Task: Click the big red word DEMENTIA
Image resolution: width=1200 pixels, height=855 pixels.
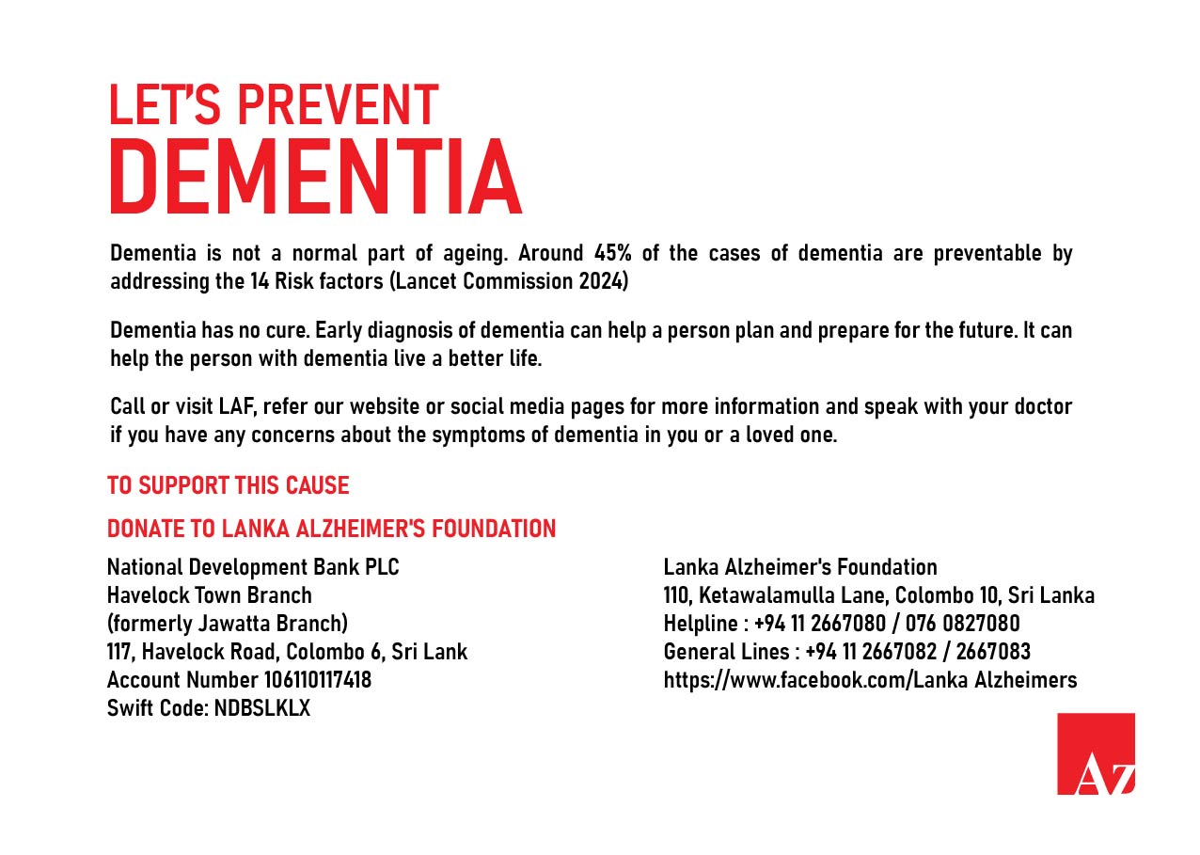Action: [315, 178]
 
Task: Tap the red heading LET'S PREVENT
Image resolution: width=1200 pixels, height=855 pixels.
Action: [273, 104]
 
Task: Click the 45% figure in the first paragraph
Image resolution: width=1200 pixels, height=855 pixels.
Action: [615, 253]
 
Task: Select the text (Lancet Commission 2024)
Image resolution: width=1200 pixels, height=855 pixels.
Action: [509, 280]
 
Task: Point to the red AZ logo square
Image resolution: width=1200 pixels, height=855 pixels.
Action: [1096, 753]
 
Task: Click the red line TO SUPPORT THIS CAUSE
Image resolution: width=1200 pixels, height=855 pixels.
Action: [228, 486]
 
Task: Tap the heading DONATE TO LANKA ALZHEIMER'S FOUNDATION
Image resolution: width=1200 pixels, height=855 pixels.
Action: [331, 529]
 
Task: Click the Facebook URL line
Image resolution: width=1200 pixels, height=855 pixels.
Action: [870, 679]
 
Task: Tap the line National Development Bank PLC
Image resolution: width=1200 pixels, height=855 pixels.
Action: [260, 567]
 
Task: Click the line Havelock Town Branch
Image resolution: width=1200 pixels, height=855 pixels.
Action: [210, 595]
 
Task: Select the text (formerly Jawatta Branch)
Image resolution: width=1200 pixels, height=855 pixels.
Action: [228, 624]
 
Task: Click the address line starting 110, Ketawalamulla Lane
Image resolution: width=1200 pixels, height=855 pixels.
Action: [878, 595]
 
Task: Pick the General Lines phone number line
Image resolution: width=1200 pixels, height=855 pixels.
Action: [846, 651]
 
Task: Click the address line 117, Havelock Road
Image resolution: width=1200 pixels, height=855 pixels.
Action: [287, 651]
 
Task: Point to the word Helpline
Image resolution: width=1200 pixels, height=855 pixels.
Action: [700, 624]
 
